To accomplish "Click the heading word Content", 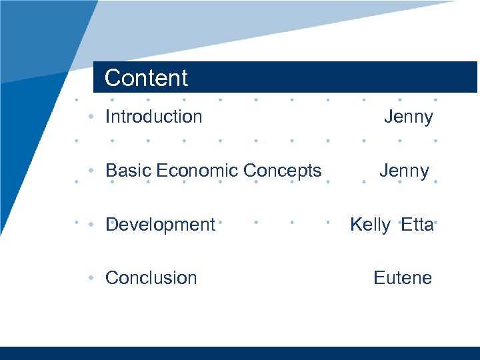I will (147, 78).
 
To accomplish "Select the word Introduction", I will (154, 117).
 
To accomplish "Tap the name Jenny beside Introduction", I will (408, 117).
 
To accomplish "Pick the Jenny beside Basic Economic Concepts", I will (404, 171).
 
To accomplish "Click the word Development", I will (161, 225).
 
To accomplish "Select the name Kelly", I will (370, 225).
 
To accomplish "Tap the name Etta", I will (417, 225).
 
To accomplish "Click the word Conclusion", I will (151, 278).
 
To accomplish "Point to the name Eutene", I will (403, 278).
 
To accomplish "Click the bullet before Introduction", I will (91, 117).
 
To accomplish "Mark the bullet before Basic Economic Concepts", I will (91, 171).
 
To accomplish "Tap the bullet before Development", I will (91, 225).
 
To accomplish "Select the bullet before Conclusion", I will (91, 278).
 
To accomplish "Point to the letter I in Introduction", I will (107, 117).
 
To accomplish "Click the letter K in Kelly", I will (355, 225).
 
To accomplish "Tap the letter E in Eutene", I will (379, 278).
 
